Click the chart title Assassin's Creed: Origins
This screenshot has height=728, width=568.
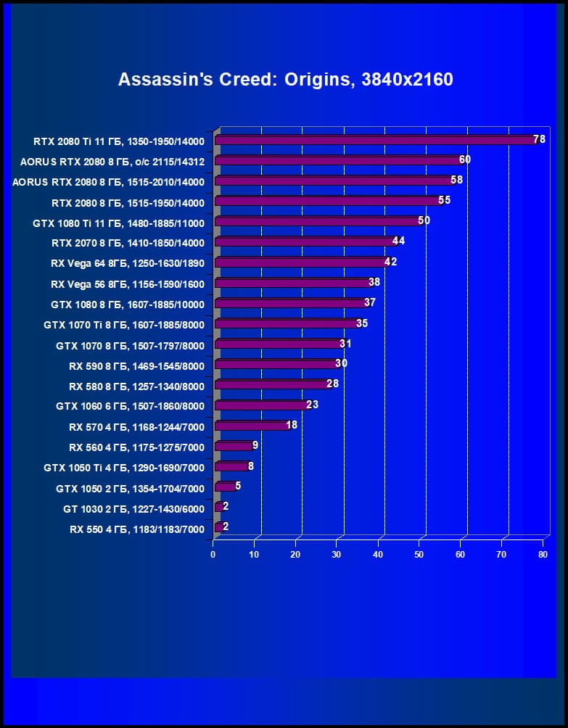tap(285, 79)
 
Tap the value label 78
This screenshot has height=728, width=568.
tap(539, 138)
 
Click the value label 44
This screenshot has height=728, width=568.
tap(398, 241)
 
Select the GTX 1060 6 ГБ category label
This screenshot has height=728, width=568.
tap(130, 406)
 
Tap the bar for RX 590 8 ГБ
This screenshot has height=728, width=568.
tap(276, 364)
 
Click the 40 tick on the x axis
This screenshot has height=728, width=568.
tap(378, 555)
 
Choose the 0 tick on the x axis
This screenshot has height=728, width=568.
tap(213, 555)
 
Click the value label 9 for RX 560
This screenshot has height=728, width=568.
tap(255, 444)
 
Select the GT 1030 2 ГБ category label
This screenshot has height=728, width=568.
tap(133, 509)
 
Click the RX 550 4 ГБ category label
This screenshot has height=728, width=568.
tap(137, 529)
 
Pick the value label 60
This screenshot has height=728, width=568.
tap(465, 159)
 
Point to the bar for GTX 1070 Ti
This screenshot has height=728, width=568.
tap(286, 323)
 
